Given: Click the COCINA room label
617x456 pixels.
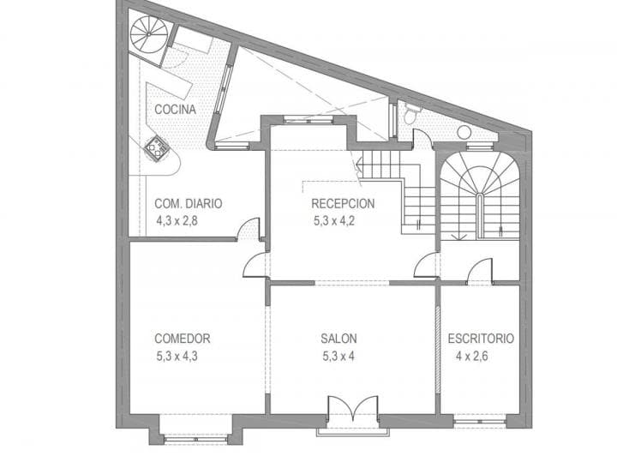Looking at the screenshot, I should (175, 110).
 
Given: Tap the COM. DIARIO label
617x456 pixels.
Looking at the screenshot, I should (188, 204).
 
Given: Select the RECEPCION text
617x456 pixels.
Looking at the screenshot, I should (343, 204).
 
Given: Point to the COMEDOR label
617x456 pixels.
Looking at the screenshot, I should (183, 339).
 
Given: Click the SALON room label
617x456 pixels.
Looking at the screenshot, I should (339, 339).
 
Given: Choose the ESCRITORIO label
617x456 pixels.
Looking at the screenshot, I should (481, 339).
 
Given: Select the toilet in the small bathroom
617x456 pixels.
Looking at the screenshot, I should (410, 114).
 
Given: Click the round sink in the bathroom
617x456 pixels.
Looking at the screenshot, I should (464, 133).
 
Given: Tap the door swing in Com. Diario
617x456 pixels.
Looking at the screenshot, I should (248, 229).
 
